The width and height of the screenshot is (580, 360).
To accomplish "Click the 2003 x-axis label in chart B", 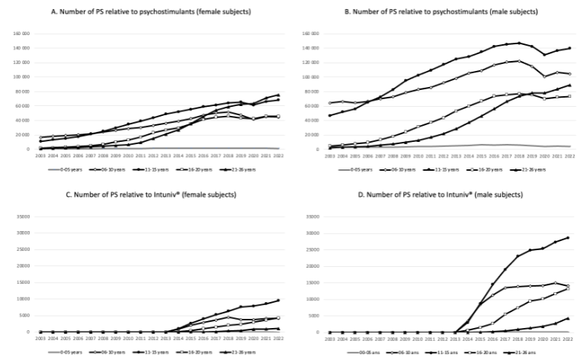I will [329, 156].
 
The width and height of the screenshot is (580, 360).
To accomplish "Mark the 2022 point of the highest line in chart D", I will [568, 237].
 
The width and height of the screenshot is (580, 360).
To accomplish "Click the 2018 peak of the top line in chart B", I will [518, 43].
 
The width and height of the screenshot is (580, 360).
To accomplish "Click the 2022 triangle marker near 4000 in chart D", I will [568, 318].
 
